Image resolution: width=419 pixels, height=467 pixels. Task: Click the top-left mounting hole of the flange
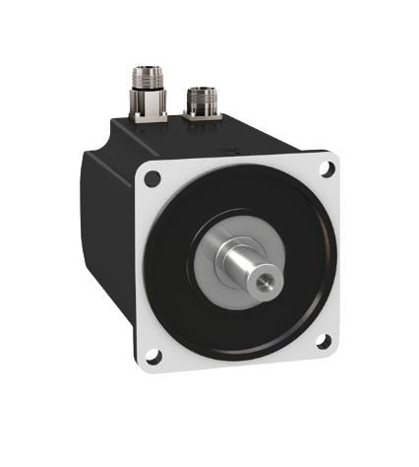(x=150, y=179)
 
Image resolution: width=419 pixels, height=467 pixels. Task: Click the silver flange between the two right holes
(x=330, y=256)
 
